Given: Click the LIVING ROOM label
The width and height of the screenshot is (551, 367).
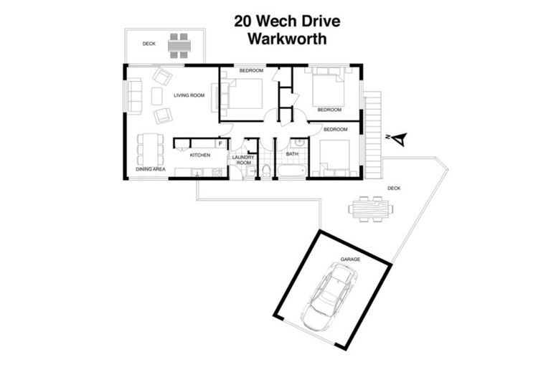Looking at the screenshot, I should [189, 95].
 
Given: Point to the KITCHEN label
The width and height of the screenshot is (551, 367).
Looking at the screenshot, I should [199, 154].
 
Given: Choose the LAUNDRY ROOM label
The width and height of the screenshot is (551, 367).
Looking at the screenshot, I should [243, 160].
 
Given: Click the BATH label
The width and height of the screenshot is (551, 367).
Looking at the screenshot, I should [292, 153].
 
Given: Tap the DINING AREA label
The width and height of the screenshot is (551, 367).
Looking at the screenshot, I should [151, 169].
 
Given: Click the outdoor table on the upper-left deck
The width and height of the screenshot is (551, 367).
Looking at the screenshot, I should [179, 45].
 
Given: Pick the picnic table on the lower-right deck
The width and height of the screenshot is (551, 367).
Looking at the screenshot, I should [370, 209].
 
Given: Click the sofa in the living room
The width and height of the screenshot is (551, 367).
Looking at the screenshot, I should [134, 97].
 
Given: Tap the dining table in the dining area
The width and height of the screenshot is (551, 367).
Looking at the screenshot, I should [151, 149].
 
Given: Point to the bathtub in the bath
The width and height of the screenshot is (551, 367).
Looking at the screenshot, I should [291, 171].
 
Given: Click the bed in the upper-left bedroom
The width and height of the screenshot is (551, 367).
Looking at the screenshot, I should [242, 94].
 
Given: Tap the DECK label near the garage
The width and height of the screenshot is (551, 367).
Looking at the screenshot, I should [394, 188].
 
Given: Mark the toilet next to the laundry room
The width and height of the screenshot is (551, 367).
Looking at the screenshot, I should [266, 171].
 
